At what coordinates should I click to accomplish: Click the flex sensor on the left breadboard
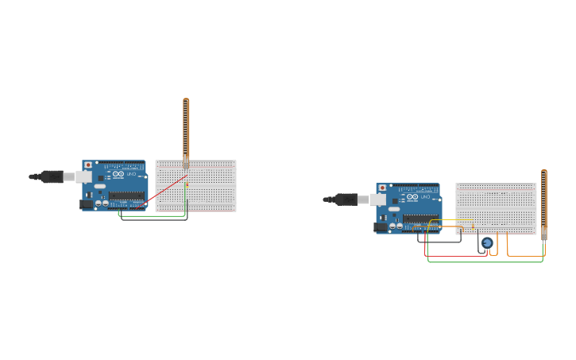click(x=186, y=127)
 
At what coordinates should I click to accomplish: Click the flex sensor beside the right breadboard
click(x=543, y=199)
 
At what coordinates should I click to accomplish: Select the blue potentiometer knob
click(x=487, y=242)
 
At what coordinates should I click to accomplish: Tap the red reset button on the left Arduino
click(x=88, y=165)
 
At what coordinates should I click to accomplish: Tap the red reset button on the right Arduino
click(x=382, y=188)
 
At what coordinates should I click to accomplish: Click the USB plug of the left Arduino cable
click(x=54, y=176)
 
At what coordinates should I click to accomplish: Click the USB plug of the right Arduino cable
click(x=348, y=199)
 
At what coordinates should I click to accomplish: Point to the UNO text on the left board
click(x=130, y=173)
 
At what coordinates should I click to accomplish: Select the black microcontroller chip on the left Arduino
click(x=126, y=195)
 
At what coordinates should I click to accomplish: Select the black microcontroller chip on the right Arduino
click(x=419, y=218)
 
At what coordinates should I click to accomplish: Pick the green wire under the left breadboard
click(x=151, y=215)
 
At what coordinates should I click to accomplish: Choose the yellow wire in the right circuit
click(x=453, y=220)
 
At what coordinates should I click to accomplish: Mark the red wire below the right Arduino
click(x=457, y=256)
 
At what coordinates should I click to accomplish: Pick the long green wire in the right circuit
click(x=485, y=261)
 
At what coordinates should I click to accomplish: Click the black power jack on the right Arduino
click(x=381, y=227)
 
